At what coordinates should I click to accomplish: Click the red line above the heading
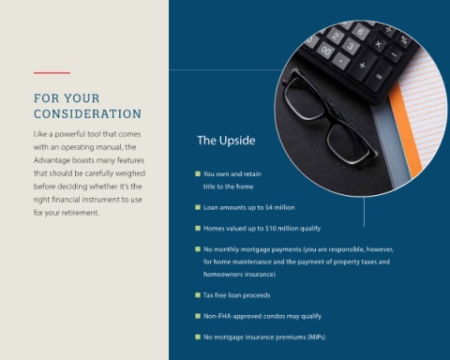(x=52, y=73)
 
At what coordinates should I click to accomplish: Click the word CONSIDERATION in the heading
(x=88, y=114)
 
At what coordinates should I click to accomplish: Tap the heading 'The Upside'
(x=226, y=141)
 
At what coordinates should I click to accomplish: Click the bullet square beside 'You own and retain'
(x=198, y=173)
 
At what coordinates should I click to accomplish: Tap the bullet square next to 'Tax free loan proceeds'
(x=198, y=295)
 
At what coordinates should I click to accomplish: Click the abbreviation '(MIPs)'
(x=317, y=337)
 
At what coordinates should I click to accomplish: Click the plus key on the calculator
(x=362, y=66)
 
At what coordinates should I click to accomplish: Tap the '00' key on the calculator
(x=325, y=51)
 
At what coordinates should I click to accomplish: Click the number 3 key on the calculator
(x=351, y=46)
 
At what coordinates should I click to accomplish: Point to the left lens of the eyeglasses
(x=303, y=98)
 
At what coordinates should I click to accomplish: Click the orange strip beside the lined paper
(x=405, y=131)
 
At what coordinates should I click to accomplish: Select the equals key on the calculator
(x=380, y=76)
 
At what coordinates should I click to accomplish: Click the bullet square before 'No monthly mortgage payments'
(x=198, y=249)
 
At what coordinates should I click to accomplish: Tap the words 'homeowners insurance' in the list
(x=238, y=275)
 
